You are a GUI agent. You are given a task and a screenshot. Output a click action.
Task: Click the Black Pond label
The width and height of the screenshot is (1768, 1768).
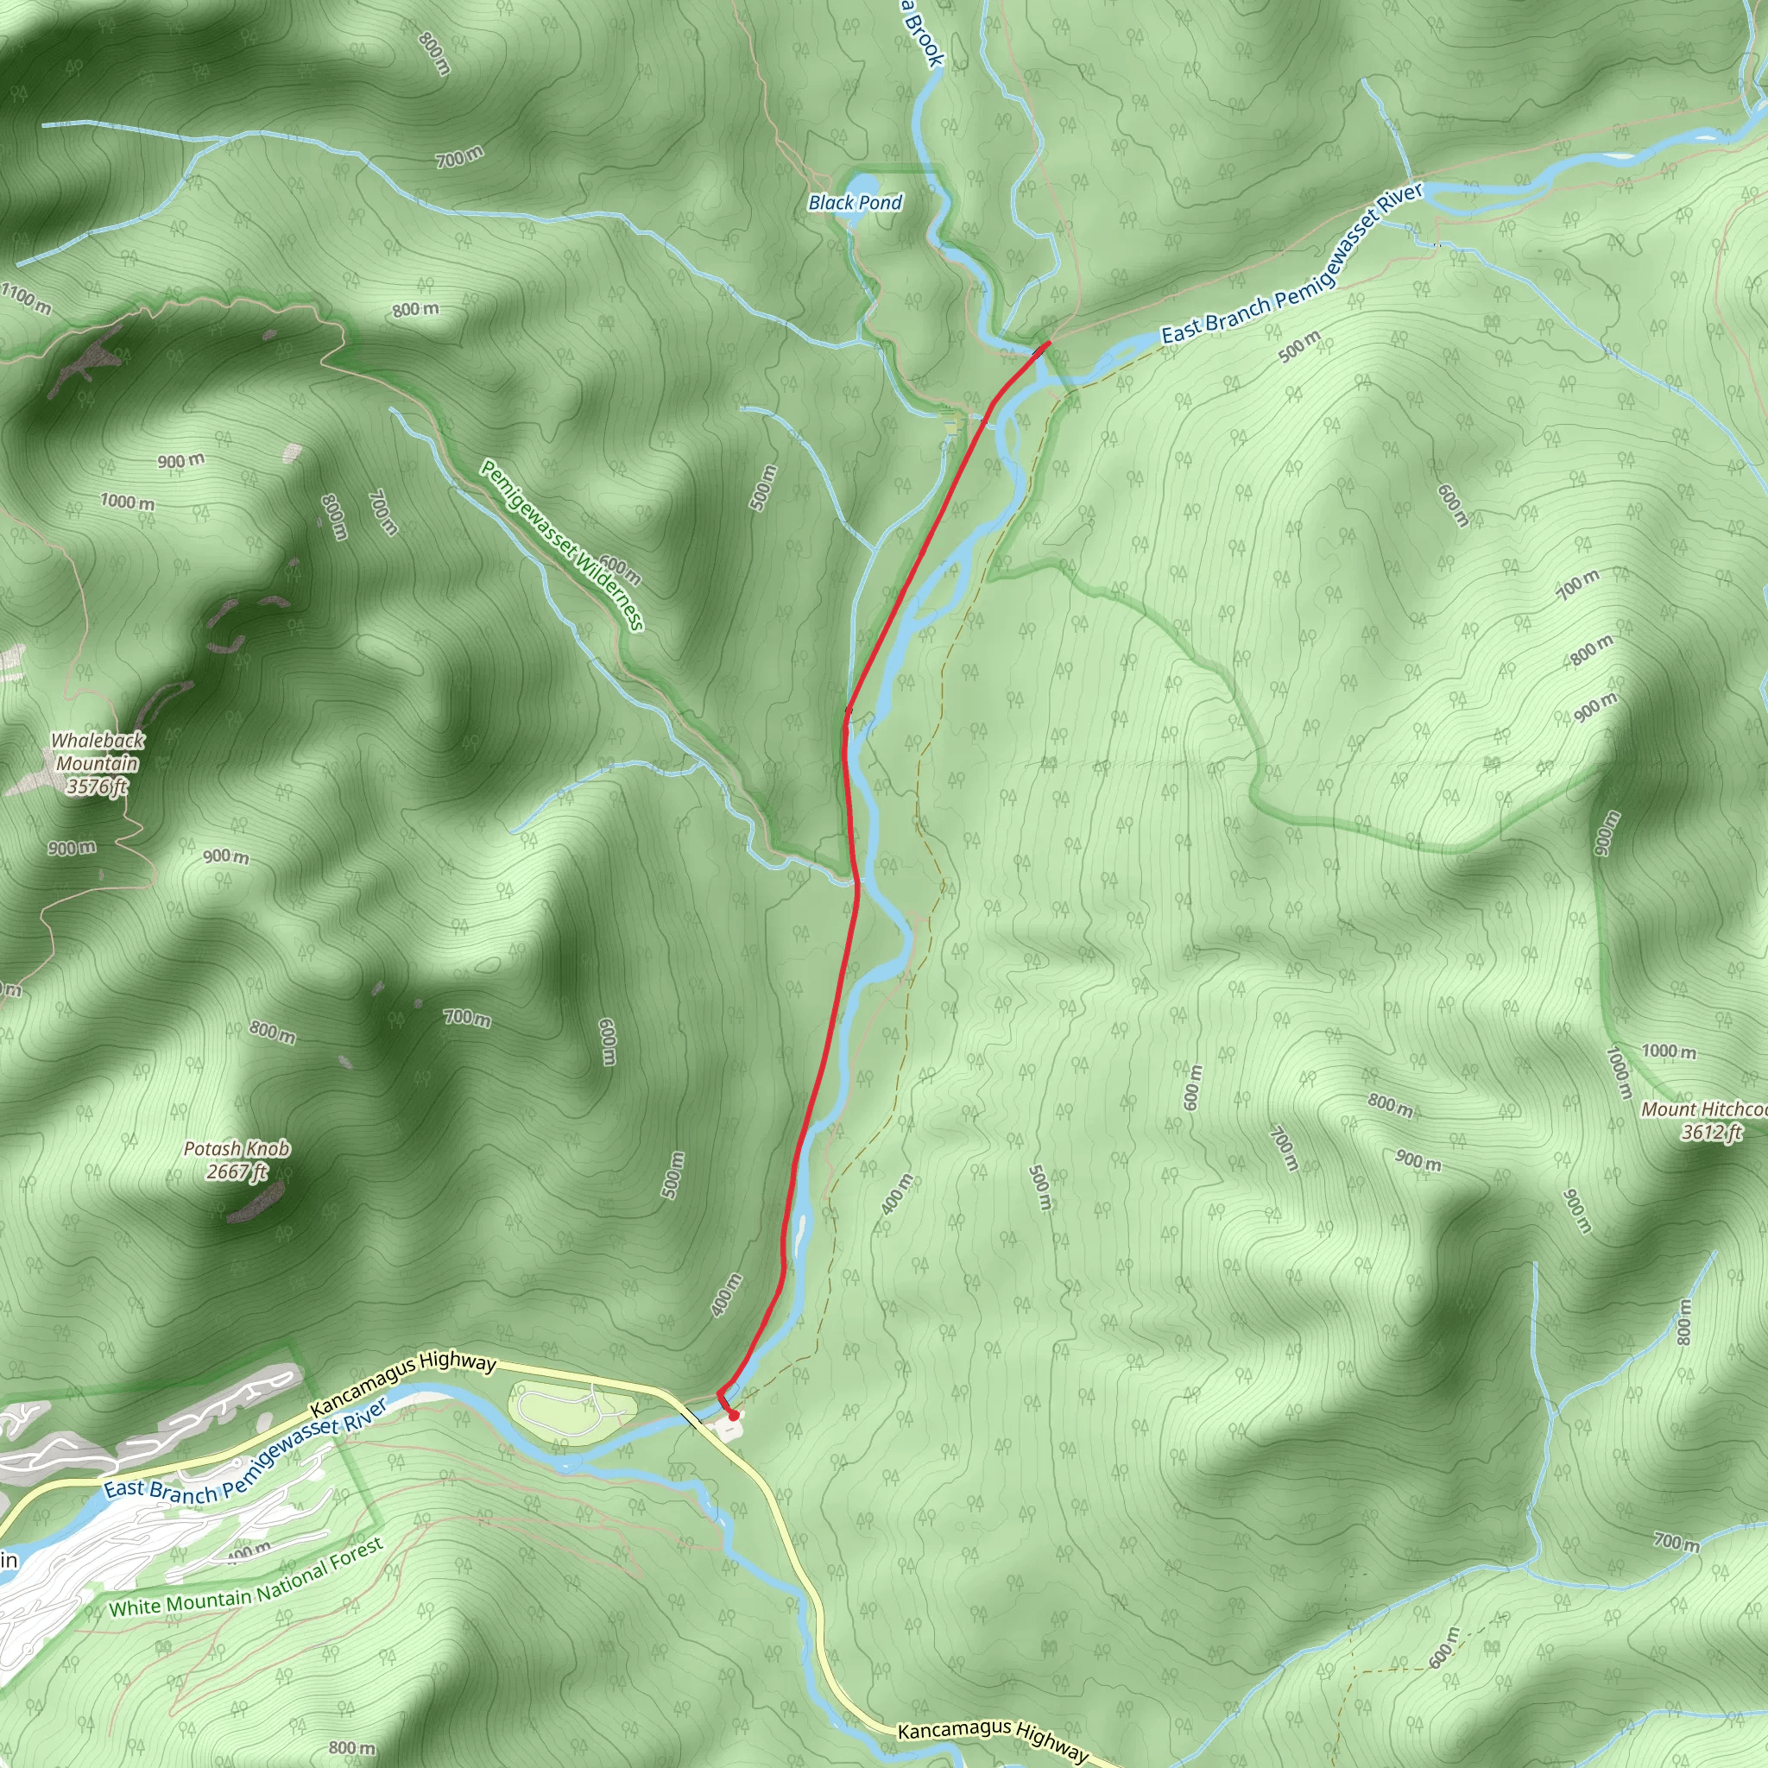click(855, 202)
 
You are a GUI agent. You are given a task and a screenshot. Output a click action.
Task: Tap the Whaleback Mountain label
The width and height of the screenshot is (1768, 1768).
click(97, 751)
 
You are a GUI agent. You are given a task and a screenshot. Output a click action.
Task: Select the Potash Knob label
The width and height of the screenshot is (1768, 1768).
click(237, 1148)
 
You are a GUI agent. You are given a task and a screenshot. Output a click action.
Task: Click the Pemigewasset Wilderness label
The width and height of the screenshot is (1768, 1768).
click(562, 546)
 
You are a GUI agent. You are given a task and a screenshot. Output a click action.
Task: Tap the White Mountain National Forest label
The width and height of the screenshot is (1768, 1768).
click(246, 1579)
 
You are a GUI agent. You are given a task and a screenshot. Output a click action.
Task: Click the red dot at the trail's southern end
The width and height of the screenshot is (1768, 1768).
click(733, 1416)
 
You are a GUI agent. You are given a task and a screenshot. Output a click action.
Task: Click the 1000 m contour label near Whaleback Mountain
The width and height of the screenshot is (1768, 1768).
click(127, 502)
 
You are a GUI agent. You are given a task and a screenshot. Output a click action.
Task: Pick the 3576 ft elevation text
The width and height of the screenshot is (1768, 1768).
click(97, 786)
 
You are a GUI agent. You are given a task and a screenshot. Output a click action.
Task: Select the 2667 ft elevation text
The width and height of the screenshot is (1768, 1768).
click(237, 1171)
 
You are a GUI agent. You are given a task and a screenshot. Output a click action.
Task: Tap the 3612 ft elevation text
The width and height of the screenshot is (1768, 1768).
click(1711, 1132)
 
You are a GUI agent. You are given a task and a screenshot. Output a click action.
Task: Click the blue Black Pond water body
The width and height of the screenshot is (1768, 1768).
click(860, 183)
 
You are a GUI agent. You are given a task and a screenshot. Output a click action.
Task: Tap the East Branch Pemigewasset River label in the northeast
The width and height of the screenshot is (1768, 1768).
click(1293, 264)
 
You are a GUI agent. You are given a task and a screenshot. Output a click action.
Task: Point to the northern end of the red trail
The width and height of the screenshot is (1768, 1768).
click(1048, 341)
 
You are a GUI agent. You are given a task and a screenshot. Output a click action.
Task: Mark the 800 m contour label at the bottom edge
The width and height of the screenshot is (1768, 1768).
click(351, 1748)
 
